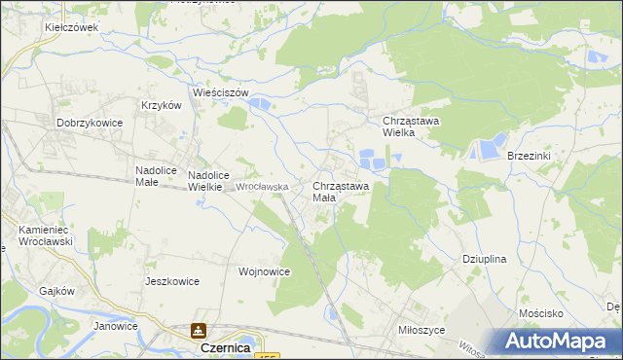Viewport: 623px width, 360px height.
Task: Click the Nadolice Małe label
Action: pos(154,175)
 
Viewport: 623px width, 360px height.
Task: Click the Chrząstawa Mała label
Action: pos(340,191)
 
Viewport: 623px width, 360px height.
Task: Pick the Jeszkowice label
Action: pos(171,281)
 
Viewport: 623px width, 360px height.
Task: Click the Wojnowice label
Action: pos(264,272)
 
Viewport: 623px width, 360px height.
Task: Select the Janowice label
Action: pos(116,326)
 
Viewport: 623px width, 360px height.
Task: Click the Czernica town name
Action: pos(225,347)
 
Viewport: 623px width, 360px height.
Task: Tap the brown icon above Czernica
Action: pos(200,331)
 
